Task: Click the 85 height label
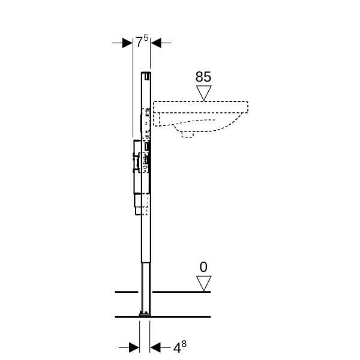[203, 77]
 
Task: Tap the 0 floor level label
[203, 267]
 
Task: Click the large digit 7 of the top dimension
[139, 42]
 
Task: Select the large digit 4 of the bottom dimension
[177, 348]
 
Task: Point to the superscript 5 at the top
[146, 37]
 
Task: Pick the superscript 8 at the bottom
[184, 344]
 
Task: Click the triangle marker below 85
[203, 93]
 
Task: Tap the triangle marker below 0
[203, 284]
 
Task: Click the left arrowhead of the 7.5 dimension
[127, 43]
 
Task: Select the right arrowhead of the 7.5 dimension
[156, 43]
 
